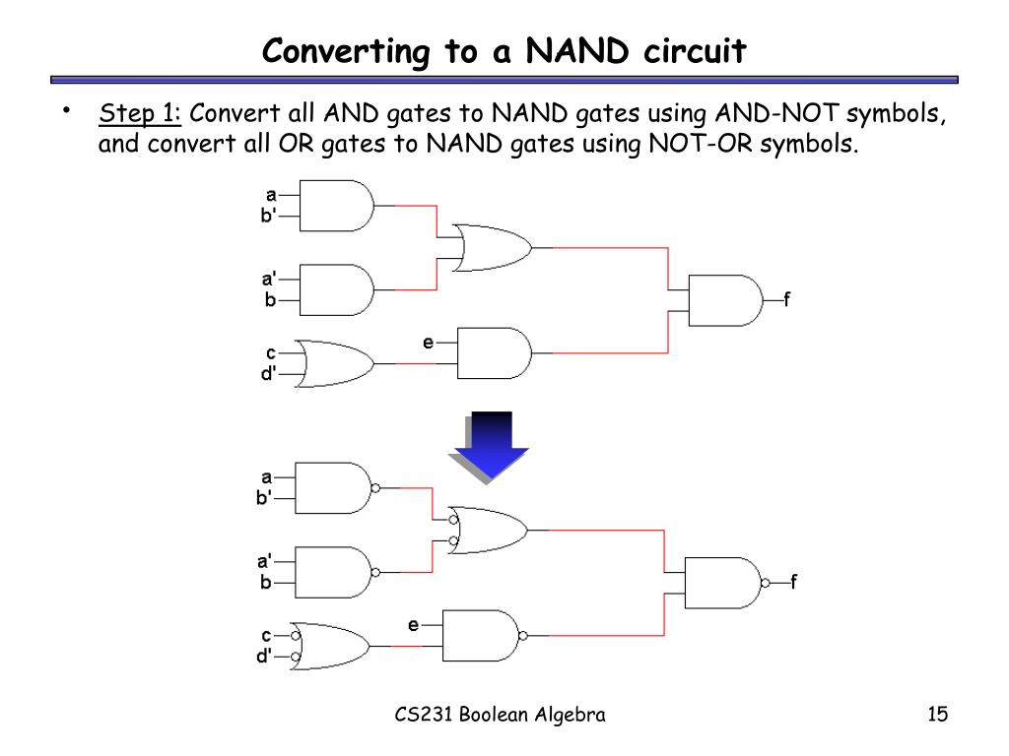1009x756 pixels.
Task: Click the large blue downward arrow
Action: tap(490, 445)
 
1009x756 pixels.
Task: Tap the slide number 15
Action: tap(937, 715)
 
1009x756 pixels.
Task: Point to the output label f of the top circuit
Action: tap(786, 299)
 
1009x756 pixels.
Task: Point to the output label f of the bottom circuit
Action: tap(793, 582)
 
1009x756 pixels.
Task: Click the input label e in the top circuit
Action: tap(429, 343)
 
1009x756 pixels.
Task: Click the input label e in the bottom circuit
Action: tap(414, 625)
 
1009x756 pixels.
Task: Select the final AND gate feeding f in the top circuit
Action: tap(724, 299)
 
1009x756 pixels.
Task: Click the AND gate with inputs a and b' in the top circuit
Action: tap(335, 205)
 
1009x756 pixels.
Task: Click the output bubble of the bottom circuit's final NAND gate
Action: tap(765, 583)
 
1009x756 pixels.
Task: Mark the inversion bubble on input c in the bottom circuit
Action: tap(295, 636)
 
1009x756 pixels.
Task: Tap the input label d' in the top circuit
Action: tap(268, 374)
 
